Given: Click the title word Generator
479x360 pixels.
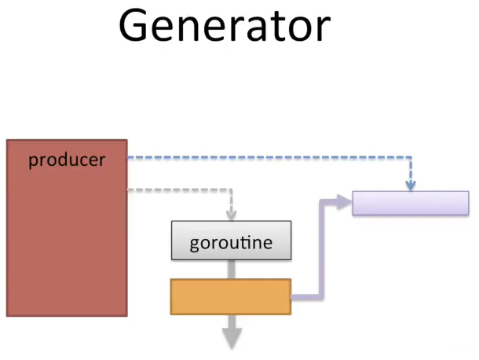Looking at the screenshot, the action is coord(225,25).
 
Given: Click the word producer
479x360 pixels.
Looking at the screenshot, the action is coord(67,160).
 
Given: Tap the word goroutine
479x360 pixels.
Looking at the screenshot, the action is coord(231,243).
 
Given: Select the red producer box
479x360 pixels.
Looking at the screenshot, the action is coord(67,228).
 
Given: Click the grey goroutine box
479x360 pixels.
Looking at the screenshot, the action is coord(231,240).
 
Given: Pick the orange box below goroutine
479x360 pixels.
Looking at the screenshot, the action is coord(231,296).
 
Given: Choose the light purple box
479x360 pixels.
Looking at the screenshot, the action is coord(411,203).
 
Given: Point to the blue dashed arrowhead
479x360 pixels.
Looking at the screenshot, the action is coord(411,186).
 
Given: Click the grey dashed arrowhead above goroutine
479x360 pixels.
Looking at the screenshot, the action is coord(231,215).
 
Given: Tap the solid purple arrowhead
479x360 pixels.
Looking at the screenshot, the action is coord(345,202).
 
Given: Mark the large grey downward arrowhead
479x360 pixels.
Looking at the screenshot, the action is coord(232,338).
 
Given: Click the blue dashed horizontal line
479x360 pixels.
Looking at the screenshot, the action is coord(269,157).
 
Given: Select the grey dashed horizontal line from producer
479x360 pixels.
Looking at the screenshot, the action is coord(179,190).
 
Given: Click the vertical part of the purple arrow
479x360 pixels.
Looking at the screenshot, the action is coord(321,249).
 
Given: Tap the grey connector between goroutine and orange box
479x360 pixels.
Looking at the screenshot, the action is coord(232,269).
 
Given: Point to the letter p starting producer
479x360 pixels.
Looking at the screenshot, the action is coord(33,161).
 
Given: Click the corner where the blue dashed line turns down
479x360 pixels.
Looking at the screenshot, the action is coord(411,157).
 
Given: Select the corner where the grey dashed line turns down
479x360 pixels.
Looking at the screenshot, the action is coord(231,190).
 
